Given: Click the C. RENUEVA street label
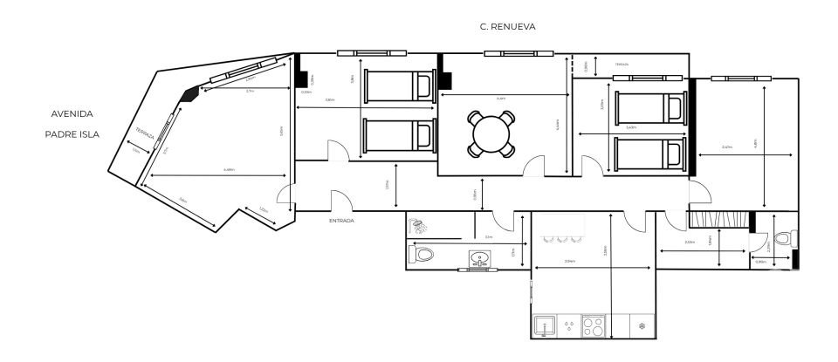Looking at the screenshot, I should coord(507,27).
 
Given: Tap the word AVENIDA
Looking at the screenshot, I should coord(71,113).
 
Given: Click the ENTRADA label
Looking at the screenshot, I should coord(341,221).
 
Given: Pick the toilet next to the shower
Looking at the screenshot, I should coord(422,255).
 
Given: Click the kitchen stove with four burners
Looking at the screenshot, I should coord(594,327).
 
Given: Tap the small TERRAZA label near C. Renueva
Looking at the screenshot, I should coord(622,65).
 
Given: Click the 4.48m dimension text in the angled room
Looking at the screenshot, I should coord(229,170).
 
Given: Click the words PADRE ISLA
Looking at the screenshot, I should coord(72,134).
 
